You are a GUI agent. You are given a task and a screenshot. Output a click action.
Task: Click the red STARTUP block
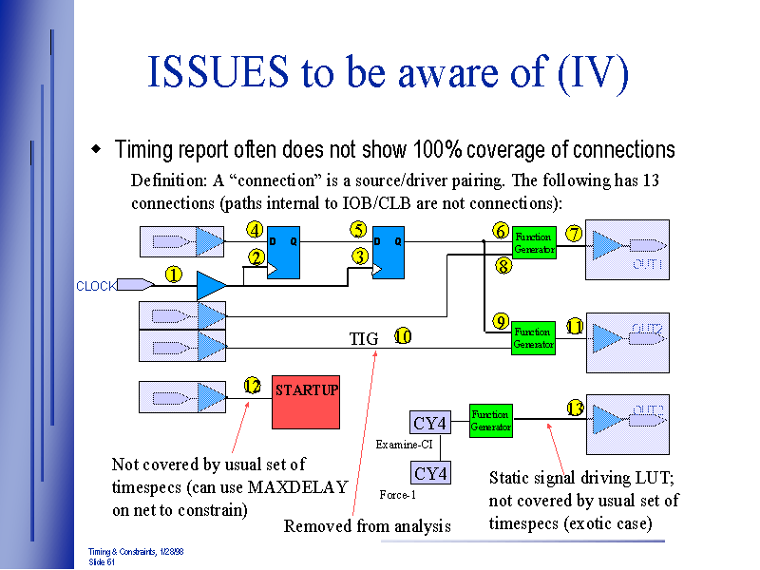click(306, 401)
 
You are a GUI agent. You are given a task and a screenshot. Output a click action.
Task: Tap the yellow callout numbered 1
click(174, 275)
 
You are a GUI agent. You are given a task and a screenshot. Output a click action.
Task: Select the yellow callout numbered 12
click(252, 386)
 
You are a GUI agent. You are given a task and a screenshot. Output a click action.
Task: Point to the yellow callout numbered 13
click(575, 408)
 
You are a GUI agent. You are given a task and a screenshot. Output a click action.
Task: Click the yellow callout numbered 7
click(574, 234)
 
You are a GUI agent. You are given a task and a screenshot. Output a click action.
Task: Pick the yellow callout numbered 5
click(358, 229)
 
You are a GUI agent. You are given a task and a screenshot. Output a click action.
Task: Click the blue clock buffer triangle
click(211, 284)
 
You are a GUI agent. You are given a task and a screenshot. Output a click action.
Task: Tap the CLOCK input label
click(95, 286)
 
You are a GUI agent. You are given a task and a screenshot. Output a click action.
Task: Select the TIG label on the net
click(364, 338)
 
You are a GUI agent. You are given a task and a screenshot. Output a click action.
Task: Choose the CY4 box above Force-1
click(430, 473)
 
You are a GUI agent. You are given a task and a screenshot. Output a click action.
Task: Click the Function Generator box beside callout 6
click(534, 243)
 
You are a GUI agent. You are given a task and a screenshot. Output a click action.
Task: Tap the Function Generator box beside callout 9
click(533, 337)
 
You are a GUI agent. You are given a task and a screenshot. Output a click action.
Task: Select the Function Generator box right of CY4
click(491, 421)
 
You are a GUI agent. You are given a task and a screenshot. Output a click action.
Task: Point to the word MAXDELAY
click(298, 487)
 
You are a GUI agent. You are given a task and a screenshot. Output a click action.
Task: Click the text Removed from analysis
click(367, 526)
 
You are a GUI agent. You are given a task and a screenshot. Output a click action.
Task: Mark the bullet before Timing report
click(95, 150)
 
